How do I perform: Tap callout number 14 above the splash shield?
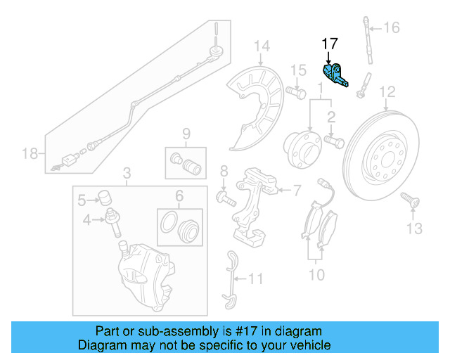tap(262, 47)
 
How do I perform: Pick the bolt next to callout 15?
tap(295, 91)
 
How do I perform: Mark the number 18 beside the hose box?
tap(27, 154)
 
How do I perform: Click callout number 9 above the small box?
tap(186, 134)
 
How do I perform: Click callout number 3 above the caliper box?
tap(127, 173)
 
